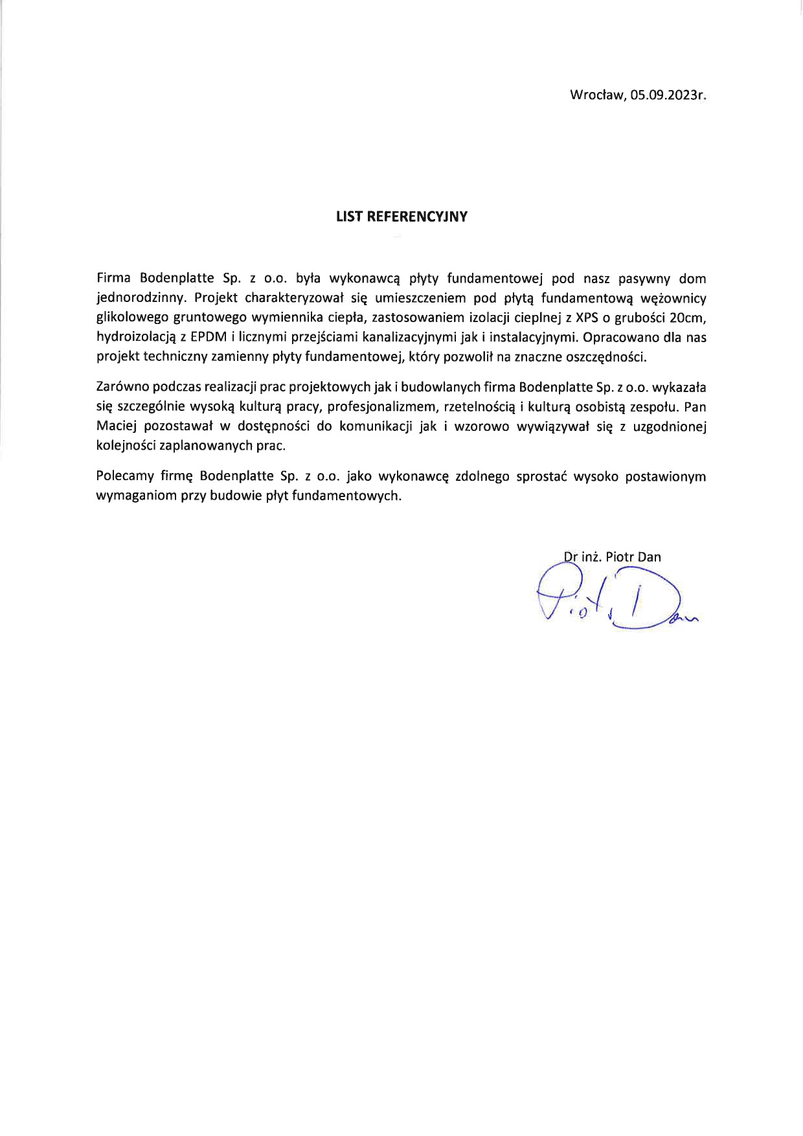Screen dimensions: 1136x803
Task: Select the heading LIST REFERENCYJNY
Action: (401, 217)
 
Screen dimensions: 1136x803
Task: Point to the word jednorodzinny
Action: (141, 299)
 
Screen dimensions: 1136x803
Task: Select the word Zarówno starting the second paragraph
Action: (121, 388)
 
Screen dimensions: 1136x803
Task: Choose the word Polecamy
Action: (123, 476)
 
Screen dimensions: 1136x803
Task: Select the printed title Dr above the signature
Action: (571, 556)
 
